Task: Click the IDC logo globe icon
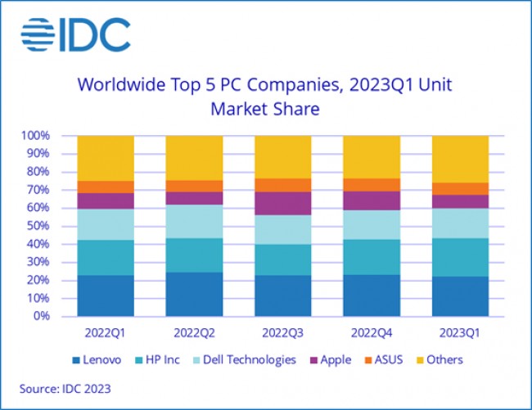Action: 38,34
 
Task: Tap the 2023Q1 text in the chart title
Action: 385,84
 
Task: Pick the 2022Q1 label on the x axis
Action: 106,334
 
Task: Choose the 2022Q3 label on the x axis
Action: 282,334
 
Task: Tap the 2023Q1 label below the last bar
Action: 460,334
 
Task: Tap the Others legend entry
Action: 440,360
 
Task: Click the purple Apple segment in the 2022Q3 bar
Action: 282,204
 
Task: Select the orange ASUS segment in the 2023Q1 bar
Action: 460,188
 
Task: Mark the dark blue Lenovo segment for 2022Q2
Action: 194,294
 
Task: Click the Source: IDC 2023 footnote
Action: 65,388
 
